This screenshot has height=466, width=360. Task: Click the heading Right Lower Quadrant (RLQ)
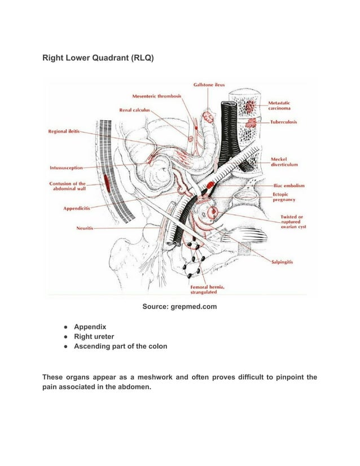98,58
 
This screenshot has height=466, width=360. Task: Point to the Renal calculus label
135,109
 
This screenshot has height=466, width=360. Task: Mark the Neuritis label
85,228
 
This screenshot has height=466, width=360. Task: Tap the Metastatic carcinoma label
279,105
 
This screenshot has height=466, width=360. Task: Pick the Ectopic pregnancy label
285,196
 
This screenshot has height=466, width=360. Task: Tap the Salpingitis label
286,262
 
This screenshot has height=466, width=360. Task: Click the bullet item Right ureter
94,336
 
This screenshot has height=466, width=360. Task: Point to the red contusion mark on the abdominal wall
106,182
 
